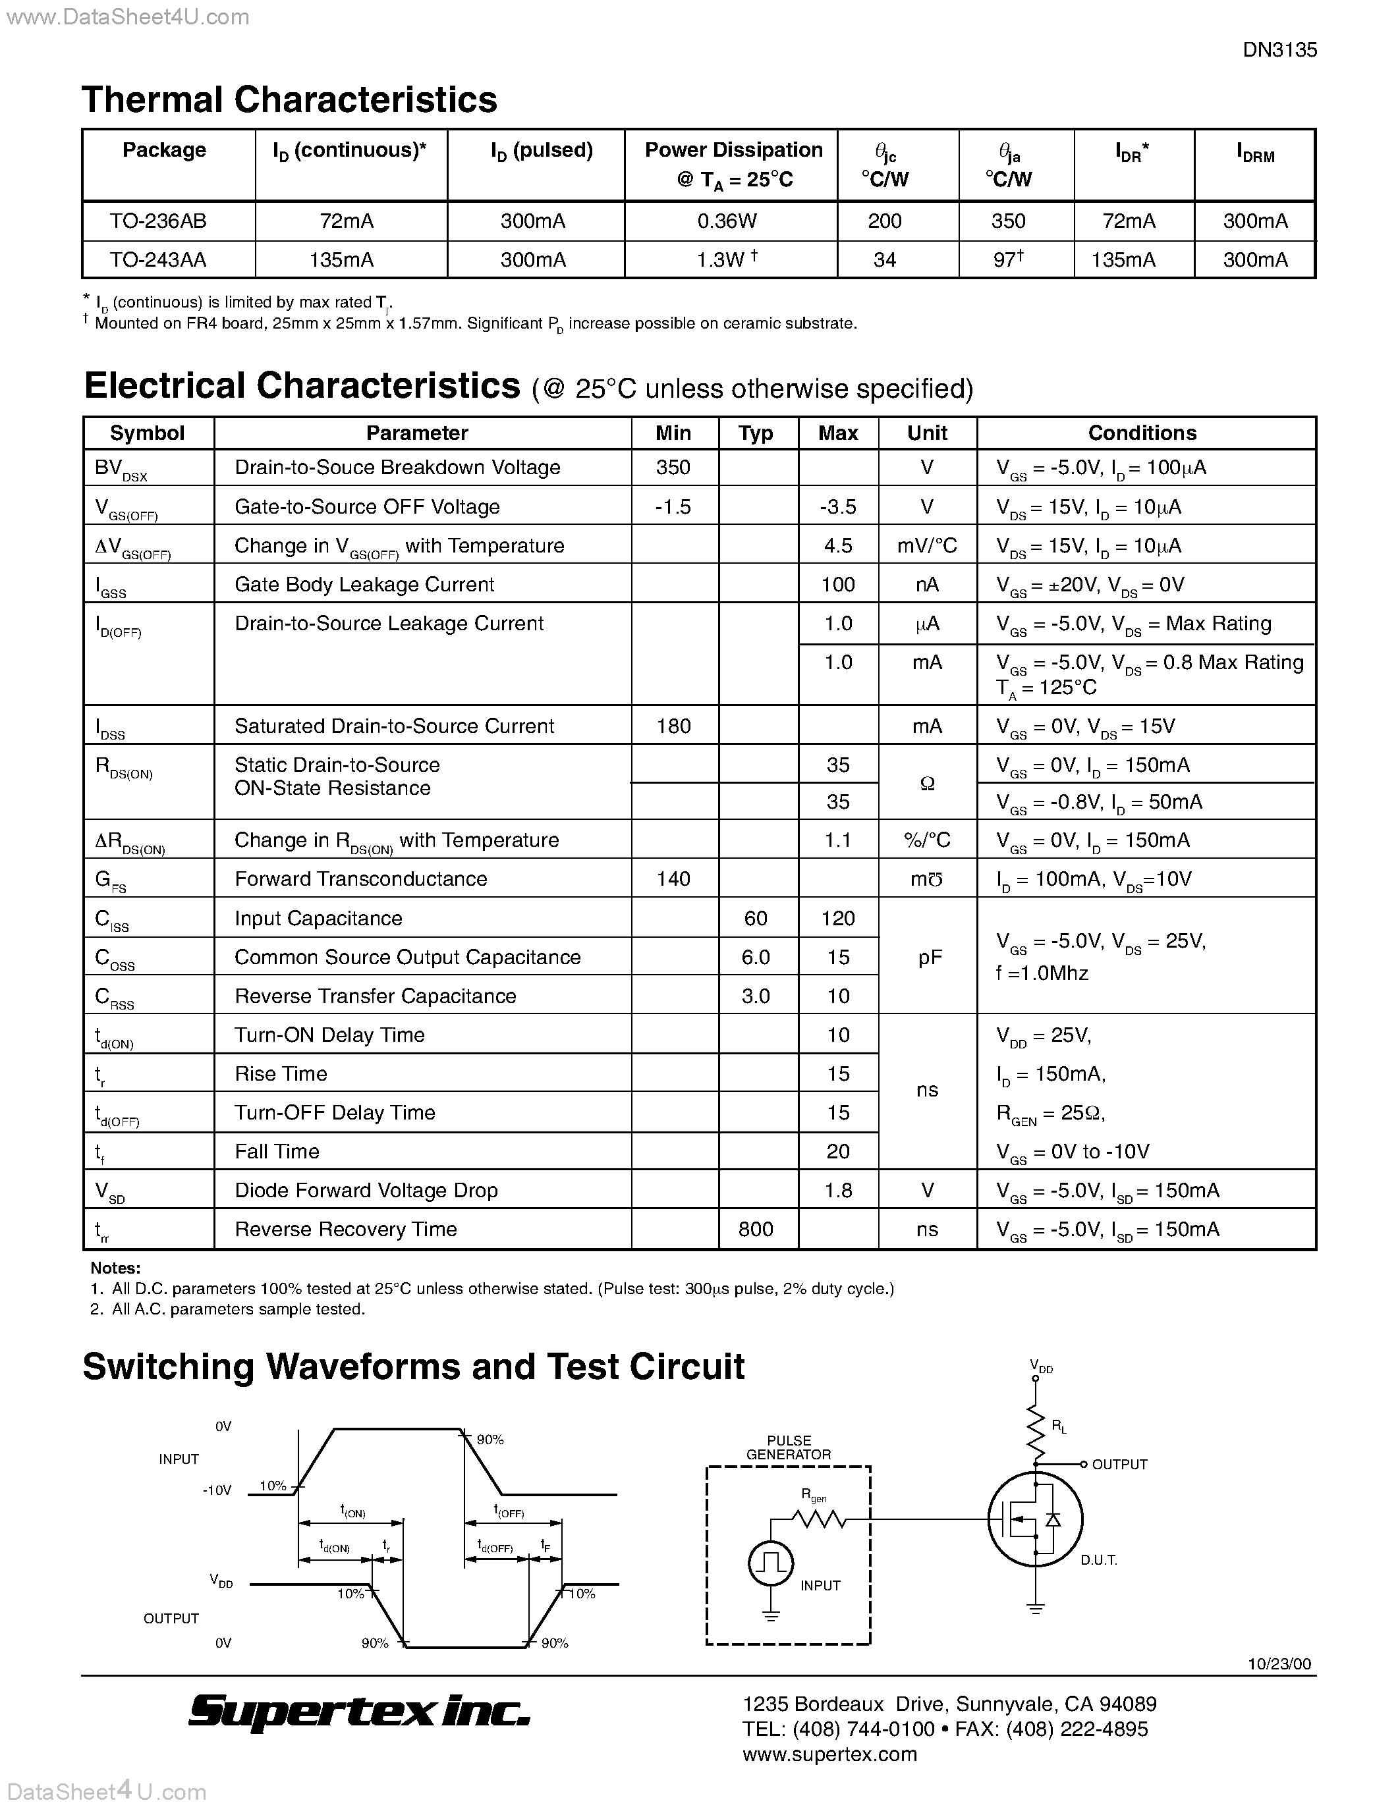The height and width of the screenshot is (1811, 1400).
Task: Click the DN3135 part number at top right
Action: click(1279, 50)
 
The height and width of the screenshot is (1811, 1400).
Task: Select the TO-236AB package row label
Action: click(157, 221)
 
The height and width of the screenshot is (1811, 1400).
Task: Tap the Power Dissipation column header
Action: click(733, 164)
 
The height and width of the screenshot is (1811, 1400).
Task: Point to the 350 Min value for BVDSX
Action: click(673, 468)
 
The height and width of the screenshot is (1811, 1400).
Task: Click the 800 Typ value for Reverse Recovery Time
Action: click(756, 1229)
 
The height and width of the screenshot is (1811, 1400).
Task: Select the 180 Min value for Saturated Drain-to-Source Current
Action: click(673, 726)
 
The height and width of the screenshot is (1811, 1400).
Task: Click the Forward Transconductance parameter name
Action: click(361, 879)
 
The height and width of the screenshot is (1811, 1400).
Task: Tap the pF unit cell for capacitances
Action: click(929, 957)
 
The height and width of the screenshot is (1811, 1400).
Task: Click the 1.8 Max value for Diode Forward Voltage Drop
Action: click(837, 1191)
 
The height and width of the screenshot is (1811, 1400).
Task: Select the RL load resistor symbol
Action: click(1036, 1434)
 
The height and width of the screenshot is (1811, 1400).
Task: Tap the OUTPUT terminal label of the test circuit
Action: click(1119, 1465)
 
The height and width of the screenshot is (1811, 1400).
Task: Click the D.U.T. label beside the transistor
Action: click(1099, 1561)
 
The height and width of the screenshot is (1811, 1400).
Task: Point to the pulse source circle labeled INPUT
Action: click(771, 1563)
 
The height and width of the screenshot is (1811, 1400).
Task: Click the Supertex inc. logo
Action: click(358, 1712)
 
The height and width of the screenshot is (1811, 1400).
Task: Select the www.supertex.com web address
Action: click(829, 1754)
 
